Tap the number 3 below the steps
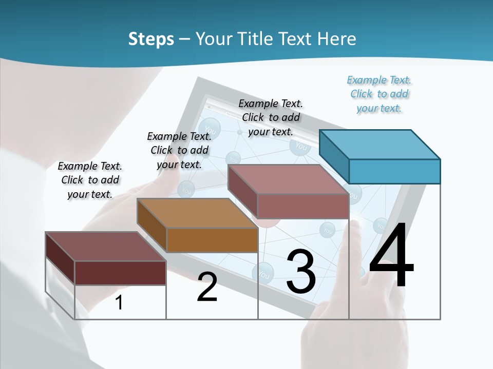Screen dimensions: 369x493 pos(301,272)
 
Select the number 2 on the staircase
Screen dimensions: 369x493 pos(207,287)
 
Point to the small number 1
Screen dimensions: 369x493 pos(119,302)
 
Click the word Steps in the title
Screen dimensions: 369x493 pos(151,39)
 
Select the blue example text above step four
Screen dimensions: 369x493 pos(380,94)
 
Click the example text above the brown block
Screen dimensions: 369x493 pos(179,150)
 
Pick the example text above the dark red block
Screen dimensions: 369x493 pos(90,180)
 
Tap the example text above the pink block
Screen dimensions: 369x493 pos(271,117)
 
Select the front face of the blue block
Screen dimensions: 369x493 pos(394,171)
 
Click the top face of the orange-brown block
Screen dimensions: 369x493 pos(197,213)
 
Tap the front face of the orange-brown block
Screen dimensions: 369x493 pos(212,240)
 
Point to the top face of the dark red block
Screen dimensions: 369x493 pos(106,247)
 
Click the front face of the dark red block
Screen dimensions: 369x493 pos(120,273)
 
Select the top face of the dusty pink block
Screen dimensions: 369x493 pos(288,179)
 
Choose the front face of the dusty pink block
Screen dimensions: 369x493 pos(303,206)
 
